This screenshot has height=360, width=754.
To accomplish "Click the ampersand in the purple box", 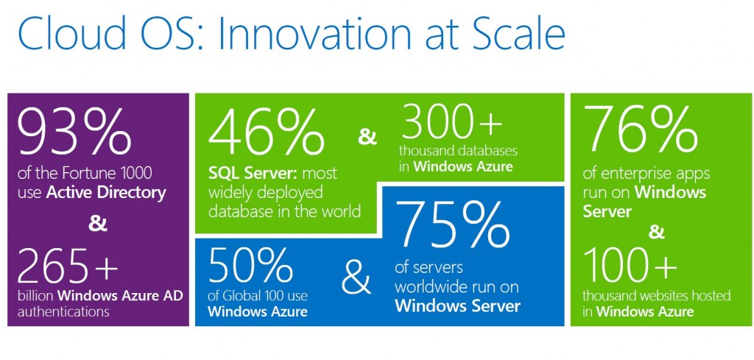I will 98,224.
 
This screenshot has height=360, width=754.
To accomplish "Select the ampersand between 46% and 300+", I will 366,136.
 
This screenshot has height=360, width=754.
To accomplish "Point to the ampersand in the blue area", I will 357,278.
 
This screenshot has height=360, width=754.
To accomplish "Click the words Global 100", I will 262,296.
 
